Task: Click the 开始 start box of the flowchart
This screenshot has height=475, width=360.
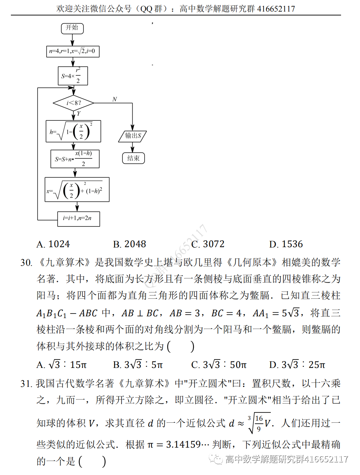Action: (72, 28)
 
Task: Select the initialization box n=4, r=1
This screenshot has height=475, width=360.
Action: (73, 51)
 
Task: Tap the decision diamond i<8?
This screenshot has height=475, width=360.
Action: (73, 103)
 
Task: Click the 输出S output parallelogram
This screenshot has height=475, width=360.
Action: (133, 136)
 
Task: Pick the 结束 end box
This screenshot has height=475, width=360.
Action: (133, 158)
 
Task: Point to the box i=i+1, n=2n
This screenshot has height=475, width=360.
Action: (78, 218)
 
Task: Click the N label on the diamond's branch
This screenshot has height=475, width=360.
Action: (114, 99)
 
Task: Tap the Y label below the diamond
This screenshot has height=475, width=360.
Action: (79, 113)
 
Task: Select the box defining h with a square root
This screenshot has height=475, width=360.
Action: (73, 131)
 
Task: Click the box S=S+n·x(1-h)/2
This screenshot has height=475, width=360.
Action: (75, 159)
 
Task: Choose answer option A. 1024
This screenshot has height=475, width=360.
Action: (53, 244)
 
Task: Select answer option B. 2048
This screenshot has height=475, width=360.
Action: (129, 244)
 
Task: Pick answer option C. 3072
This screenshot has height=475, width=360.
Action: (208, 244)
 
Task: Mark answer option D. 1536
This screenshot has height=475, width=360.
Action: (286, 244)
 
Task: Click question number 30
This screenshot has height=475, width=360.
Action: (26, 263)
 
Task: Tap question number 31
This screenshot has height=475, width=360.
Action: (26, 383)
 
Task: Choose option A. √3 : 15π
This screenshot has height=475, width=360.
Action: (61, 365)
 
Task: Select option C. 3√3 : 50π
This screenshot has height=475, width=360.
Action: (219, 365)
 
